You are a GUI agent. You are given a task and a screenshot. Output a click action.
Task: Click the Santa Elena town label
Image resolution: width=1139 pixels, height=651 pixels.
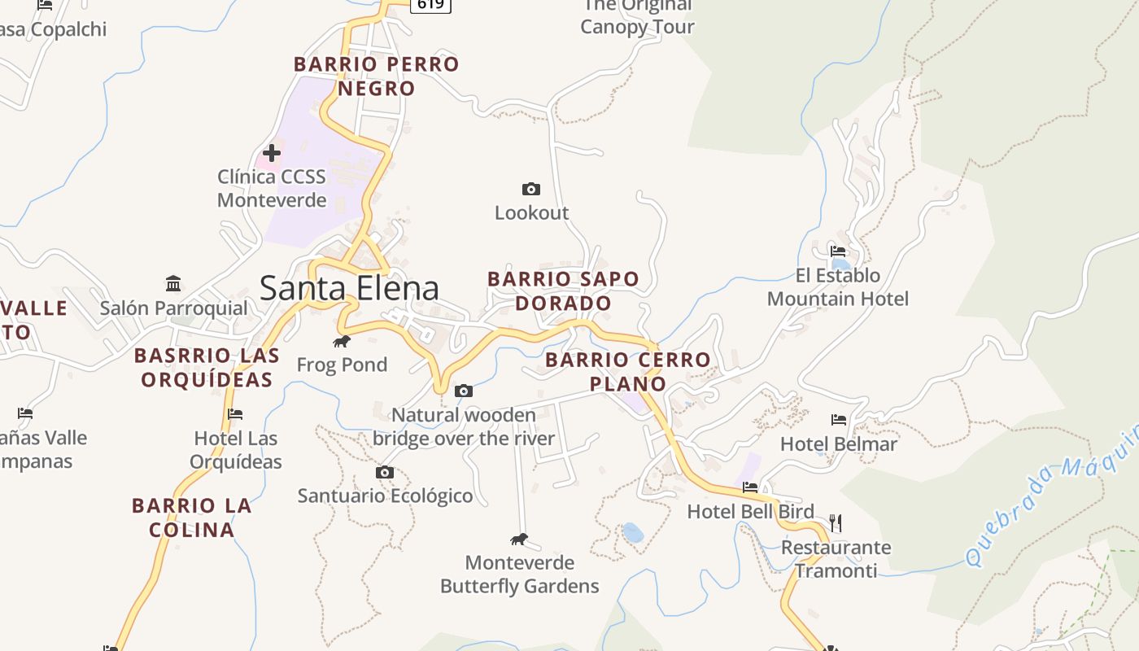tap(349, 288)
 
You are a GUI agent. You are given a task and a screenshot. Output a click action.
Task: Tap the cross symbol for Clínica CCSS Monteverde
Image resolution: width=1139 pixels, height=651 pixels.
tap(272, 152)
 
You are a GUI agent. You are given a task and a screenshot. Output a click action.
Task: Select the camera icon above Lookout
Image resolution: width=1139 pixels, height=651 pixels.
tap(530, 189)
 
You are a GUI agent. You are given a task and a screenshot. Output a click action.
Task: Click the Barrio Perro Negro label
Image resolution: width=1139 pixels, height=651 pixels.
tap(376, 76)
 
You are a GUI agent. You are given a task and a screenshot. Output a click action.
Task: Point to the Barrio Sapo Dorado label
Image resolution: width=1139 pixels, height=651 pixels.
tap(563, 291)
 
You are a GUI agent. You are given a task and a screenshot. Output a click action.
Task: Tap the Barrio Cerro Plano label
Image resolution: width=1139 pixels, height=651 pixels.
tap(627, 371)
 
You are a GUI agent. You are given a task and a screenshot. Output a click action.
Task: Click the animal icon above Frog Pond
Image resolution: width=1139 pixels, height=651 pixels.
tap(342, 341)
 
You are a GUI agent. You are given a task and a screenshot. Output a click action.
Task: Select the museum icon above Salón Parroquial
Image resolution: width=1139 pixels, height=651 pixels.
tap(173, 284)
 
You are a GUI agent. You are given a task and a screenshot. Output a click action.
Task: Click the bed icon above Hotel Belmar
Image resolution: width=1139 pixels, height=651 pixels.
tap(839, 420)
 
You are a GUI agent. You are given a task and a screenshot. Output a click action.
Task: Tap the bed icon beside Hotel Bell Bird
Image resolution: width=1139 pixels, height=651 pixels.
tap(750, 487)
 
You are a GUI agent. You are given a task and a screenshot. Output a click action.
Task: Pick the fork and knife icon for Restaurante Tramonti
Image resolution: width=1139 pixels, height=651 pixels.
tap(835, 522)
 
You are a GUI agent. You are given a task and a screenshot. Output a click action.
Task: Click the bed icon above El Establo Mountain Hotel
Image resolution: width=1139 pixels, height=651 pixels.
tap(838, 251)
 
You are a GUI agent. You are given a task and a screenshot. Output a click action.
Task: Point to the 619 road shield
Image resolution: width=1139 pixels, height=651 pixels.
tap(430, 4)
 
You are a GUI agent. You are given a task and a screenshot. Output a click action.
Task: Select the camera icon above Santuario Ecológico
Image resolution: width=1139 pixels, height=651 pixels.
tap(385, 472)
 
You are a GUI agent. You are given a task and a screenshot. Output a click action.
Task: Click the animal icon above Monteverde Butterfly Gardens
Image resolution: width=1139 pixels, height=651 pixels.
tap(519, 539)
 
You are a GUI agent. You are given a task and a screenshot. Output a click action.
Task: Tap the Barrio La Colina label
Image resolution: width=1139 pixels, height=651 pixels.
tap(192, 518)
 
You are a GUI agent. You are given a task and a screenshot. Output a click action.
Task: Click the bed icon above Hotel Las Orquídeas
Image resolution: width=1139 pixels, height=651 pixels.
tap(235, 414)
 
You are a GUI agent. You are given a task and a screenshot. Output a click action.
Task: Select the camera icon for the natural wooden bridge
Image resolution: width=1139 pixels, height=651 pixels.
tap(463, 391)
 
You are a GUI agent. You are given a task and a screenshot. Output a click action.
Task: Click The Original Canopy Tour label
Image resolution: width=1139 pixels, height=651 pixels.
tap(637, 16)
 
